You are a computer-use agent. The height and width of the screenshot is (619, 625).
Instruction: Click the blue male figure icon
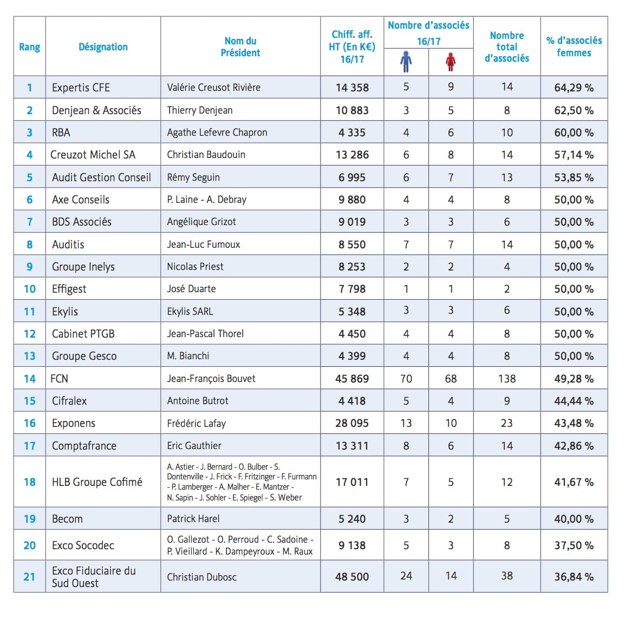406,62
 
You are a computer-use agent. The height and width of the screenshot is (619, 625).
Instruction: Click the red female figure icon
451,62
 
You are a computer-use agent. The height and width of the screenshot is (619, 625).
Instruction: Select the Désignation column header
103,47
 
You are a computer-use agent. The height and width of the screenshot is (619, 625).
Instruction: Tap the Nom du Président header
240,47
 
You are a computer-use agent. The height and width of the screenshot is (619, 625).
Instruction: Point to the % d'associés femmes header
574,47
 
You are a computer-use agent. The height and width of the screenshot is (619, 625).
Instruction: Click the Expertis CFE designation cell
81,88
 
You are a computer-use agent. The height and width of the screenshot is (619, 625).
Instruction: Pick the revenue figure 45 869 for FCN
352,378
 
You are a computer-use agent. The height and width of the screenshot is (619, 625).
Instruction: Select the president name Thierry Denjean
200,110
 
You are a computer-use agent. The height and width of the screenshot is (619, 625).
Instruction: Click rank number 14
29,378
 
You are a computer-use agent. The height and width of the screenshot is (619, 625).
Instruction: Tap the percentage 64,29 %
574,88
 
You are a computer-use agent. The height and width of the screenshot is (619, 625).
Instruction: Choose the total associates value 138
506,378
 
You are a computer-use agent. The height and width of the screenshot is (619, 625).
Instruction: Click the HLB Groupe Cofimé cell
97,482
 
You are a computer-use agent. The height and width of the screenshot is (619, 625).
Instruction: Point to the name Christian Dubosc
201,577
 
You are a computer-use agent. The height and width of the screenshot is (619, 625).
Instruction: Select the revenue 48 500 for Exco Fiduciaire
352,577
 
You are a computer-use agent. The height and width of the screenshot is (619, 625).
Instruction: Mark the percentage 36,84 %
574,577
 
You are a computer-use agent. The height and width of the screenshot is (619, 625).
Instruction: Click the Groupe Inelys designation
83,267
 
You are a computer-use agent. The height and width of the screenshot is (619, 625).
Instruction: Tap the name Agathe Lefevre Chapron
217,133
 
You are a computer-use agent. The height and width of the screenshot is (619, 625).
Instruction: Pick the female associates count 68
451,378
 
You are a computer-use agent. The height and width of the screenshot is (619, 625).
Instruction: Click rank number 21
29,577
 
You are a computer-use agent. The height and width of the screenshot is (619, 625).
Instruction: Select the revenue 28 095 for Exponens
352,423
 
